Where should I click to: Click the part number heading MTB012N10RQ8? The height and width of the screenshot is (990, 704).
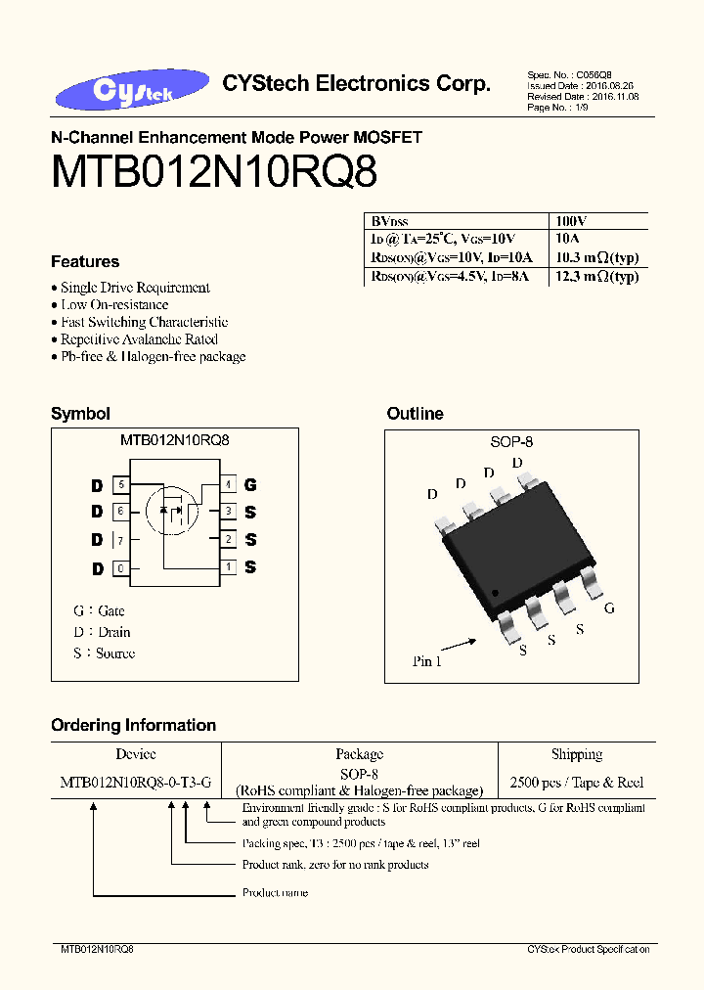pos(214,173)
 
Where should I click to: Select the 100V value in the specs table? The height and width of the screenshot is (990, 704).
pos(571,222)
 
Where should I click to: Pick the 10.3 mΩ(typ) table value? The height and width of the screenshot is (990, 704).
pos(596,257)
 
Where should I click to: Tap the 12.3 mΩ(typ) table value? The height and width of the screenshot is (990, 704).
pos(596,277)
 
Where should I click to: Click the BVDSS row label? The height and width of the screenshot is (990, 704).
pos(388,222)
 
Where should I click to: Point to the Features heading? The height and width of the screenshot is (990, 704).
pos(85,262)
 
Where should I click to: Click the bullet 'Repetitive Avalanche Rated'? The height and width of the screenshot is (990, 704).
pos(140,338)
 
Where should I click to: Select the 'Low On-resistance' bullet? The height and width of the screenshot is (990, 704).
pos(114,304)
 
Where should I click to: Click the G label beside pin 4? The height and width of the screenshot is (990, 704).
pos(250,484)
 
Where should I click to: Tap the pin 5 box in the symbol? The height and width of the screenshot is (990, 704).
pos(121,484)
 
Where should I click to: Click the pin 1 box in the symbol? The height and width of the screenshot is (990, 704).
pos(228,566)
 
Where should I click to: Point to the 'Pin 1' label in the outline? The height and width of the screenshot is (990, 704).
pos(427,661)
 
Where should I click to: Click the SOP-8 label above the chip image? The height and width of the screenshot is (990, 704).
pos(511,442)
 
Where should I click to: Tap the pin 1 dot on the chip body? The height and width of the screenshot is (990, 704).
pos(495,592)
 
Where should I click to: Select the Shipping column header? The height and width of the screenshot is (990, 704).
pos(577,754)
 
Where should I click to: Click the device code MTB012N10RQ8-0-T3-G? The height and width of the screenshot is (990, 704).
pos(135,783)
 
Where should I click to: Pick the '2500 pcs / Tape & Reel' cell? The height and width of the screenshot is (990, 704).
pos(577,783)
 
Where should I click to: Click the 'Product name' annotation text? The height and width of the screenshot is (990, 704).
pos(275,892)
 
